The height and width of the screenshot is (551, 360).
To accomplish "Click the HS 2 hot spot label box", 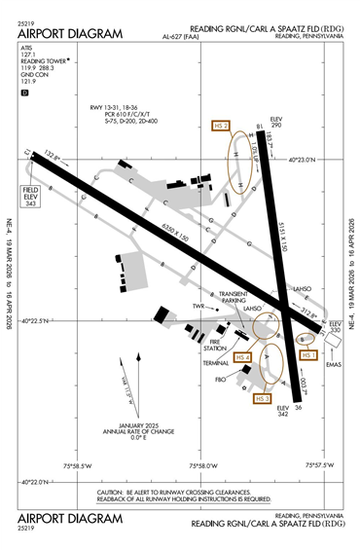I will [x=221, y=126].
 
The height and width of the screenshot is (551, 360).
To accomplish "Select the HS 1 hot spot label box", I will [x=310, y=355].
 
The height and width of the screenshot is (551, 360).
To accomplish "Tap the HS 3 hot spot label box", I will [x=261, y=398].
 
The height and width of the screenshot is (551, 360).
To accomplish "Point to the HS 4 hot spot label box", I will [x=242, y=357].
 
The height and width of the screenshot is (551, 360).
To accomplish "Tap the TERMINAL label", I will [x=216, y=362].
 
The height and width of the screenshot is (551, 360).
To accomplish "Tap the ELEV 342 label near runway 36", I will [x=284, y=412].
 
